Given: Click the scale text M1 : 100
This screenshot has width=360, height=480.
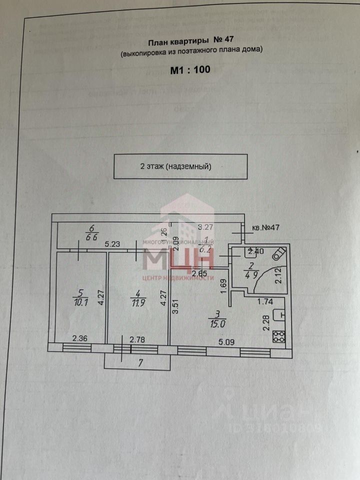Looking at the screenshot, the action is tap(190, 70).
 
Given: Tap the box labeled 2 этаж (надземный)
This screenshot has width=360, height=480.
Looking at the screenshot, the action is tap(180, 166).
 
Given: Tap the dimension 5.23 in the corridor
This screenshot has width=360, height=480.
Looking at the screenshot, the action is tap(112, 245).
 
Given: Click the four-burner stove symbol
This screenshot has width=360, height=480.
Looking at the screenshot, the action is tap(279, 337).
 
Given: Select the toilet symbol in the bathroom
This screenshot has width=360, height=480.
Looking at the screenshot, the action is tap(278, 254).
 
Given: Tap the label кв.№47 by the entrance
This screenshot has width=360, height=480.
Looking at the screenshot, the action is tap(265, 227).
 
